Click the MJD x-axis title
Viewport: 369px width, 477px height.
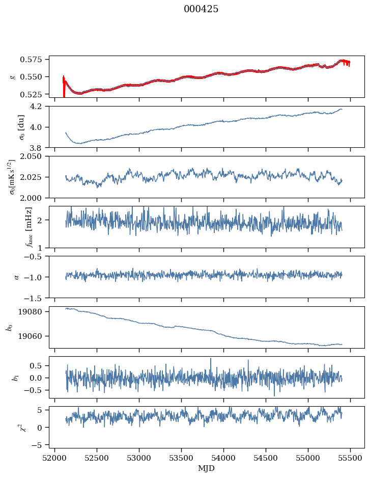206,468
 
